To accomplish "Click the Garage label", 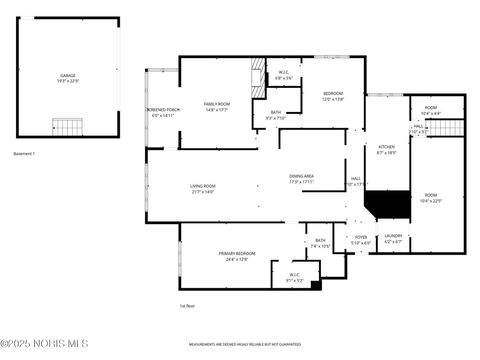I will click(x=67, y=77).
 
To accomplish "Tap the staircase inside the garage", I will click(x=66, y=127).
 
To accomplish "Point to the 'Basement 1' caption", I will click(x=24, y=154).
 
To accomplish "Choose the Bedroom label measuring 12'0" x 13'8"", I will click(x=332, y=97).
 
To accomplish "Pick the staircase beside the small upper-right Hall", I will click(x=452, y=130).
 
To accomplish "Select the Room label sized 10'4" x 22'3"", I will click(x=430, y=198).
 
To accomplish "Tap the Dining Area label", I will click(x=301, y=179).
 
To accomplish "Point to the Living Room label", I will click(x=203, y=188).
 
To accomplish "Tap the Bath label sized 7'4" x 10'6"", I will click(x=320, y=242).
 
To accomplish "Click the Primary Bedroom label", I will click(x=237, y=256).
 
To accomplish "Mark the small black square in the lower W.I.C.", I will click(x=316, y=285).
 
